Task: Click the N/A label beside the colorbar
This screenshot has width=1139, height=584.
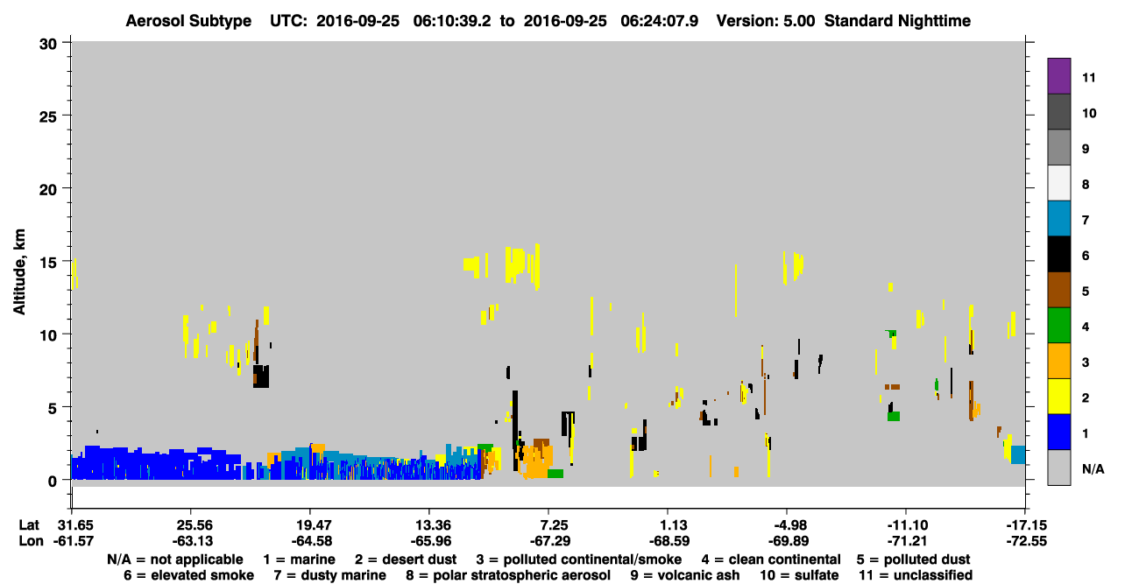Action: point(1093,468)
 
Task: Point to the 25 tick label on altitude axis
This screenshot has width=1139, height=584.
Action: point(48,117)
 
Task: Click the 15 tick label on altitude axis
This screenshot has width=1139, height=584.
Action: point(48,263)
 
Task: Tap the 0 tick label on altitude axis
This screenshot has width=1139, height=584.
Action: point(53,481)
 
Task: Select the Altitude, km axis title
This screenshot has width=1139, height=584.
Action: point(18,271)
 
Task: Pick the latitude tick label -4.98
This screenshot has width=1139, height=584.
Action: point(787,525)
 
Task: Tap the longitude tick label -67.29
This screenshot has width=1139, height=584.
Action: point(549,541)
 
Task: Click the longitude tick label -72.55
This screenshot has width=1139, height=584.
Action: point(1026,541)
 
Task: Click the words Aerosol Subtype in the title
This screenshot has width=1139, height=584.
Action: point(188,21)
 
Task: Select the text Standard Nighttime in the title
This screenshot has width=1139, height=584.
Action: point(897,21)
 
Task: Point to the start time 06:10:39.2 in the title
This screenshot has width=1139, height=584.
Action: point(452,21)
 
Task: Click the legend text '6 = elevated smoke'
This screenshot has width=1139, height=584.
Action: point(188,575)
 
